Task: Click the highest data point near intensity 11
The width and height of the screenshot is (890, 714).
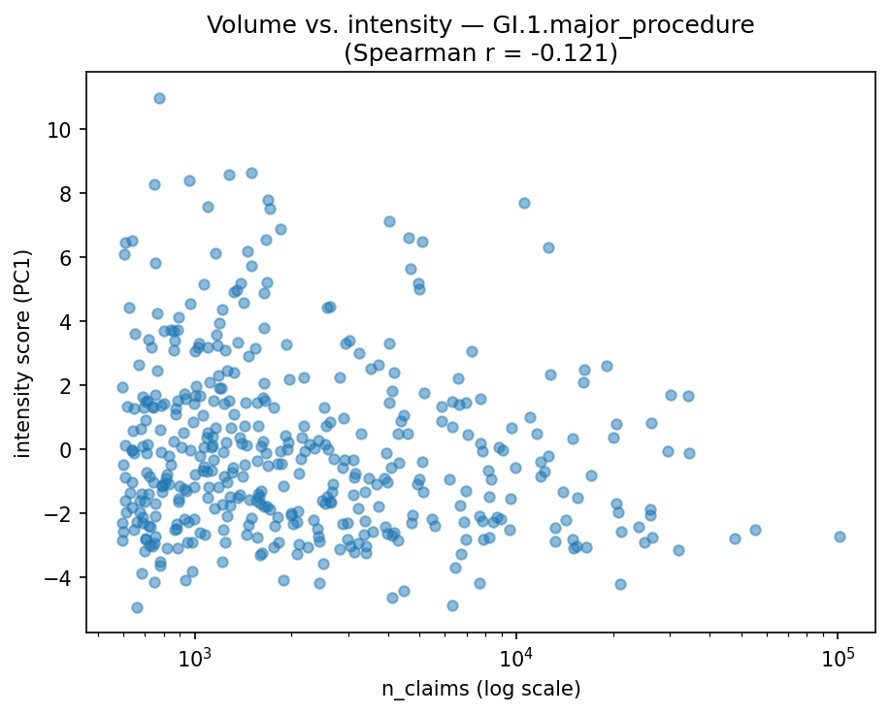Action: point(159,98)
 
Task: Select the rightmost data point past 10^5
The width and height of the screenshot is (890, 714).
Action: point(840,536)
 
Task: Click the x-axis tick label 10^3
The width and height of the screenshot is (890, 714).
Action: point(196,657)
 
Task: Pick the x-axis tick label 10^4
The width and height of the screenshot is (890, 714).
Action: point(516,657)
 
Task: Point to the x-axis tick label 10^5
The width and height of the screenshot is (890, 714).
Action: point(838,657)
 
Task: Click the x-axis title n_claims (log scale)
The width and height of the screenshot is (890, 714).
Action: point(480,690)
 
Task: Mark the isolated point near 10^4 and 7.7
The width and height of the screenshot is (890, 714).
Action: point(524,203)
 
